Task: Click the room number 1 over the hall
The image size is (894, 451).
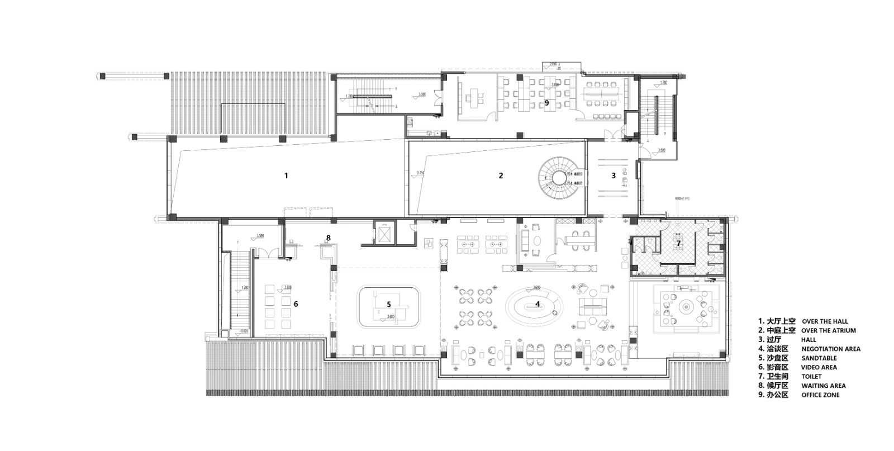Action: (286, 175)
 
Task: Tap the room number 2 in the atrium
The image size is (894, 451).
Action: (501, 175)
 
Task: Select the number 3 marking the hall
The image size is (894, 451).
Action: (613, 175)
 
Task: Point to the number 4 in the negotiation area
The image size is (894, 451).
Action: (538, 304)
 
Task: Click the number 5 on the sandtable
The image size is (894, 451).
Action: (388, 304)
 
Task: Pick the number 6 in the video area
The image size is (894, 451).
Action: (296, 304)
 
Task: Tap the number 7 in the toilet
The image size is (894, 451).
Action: (678, 243)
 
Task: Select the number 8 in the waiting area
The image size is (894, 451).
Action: (329, 238)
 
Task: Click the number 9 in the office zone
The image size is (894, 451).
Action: (546, 103)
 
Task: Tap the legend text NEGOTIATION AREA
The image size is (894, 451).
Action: (831, 349)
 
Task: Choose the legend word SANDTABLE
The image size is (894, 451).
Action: (819, 358)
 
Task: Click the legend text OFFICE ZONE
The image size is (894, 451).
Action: (820, 395)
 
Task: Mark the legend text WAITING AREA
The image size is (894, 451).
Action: (823, 386)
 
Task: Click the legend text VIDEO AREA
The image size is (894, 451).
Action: (819, 368)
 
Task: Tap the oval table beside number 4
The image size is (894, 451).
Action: (534, 305)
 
